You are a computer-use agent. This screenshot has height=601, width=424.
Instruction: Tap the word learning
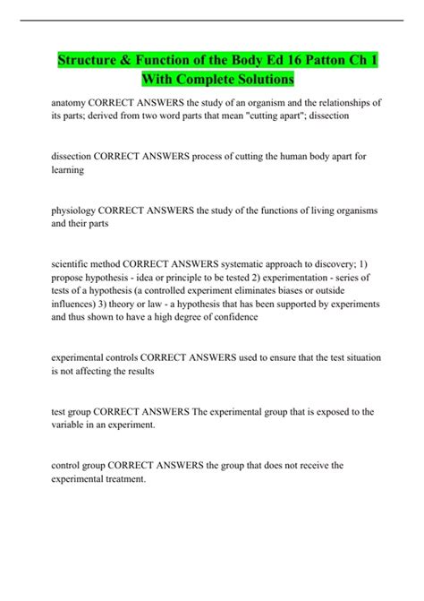pos(68,169)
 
